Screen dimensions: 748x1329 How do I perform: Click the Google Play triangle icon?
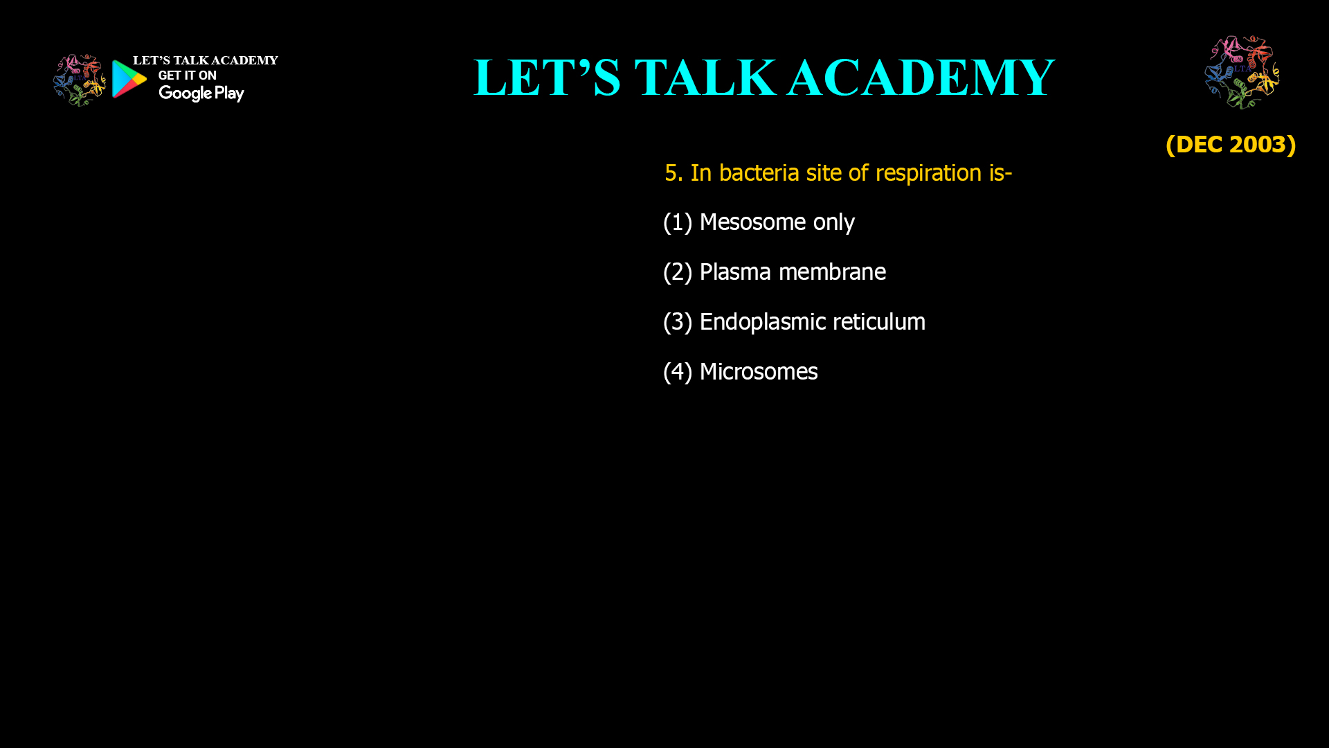(129, 79)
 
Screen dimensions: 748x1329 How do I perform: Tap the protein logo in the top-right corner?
(1242, 72)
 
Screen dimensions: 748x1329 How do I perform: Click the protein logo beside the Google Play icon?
(79, 80)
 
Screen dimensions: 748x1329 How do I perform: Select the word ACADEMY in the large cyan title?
(921, 78)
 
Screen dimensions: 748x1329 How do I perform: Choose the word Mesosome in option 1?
(752, 222)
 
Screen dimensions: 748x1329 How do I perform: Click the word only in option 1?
(833, 223)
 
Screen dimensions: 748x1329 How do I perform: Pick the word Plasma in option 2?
(735, 272)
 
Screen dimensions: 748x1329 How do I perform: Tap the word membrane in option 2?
(832, 272)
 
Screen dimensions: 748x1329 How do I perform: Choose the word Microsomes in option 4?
(759, 372)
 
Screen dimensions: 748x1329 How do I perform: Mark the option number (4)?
(678, 372)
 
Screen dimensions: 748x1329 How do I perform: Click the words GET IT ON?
(187, 75)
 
